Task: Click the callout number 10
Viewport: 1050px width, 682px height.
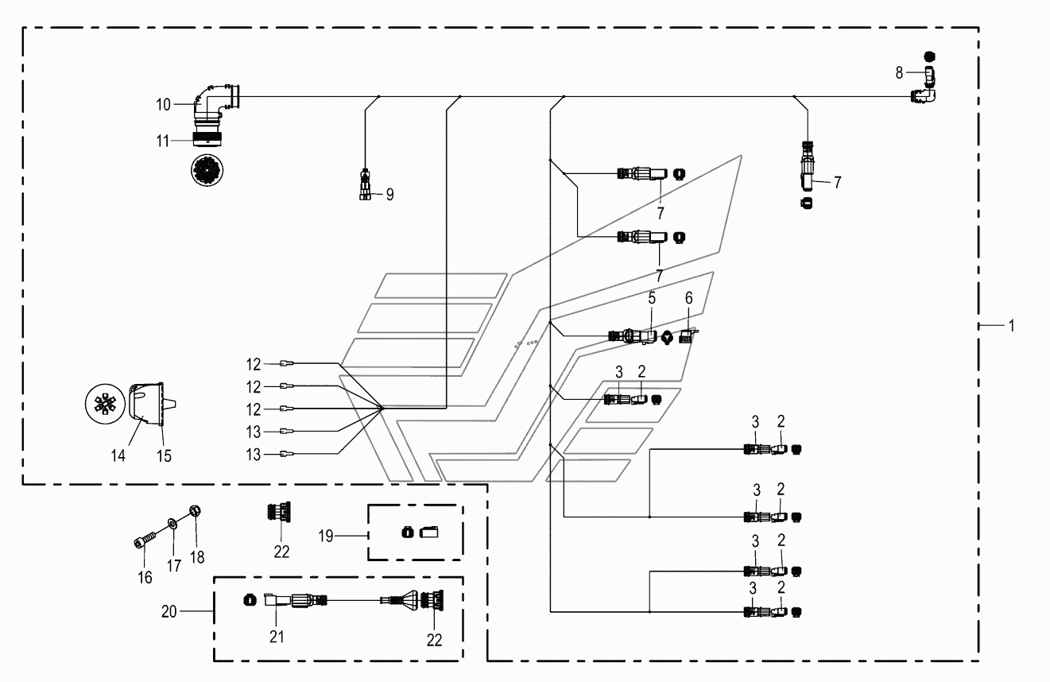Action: coord(163,105)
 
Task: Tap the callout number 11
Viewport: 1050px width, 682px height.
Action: coord(163,141)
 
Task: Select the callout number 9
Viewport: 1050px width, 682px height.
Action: coord(390,195)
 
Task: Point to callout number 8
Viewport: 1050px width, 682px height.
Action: coord(899,72)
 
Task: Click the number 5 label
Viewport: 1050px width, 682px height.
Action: coord(652,298)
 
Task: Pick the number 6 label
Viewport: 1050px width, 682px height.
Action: coord(688,298)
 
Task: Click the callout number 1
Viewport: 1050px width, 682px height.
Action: coord(1012,326)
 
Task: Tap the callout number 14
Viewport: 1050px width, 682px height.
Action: coord(118,455)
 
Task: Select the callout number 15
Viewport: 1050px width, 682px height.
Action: coord(164,455)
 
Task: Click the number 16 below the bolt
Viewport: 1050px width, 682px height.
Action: coord(145,577)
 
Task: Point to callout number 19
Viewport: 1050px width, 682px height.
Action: coord(326,536)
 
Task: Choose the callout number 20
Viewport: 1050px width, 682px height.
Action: coord(169,612)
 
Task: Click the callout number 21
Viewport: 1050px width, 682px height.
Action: coord(277,637)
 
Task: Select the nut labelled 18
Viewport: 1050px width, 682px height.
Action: coord(196,510)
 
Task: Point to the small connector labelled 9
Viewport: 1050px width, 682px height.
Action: coord(365,185)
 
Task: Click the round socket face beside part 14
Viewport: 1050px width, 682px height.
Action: coord(106,405)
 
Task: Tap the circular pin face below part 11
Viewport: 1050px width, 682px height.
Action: coord(207,170)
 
